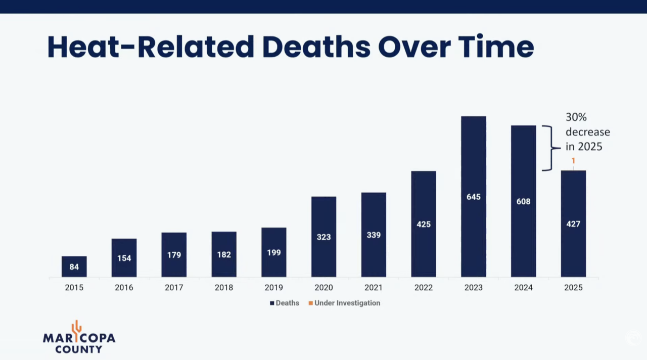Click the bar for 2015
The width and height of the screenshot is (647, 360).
pos(74,266)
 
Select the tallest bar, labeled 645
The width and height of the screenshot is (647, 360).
pos(474,197)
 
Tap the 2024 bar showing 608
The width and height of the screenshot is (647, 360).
pos(523,201)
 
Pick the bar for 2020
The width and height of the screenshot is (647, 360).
pos(324,237)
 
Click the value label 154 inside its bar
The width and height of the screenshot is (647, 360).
pos(124,258)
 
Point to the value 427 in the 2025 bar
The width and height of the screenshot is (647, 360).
pos(573,224)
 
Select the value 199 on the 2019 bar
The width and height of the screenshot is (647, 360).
pos(274,252)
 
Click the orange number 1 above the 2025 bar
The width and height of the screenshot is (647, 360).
pos(573,161)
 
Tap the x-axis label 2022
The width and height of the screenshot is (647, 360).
pos(424,288)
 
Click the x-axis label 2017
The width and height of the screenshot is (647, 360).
pos(174,288)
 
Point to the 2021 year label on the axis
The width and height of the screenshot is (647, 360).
pos(374,288)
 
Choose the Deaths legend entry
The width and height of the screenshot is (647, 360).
pos(285,303)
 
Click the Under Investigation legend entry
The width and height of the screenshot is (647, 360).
pos(344,303)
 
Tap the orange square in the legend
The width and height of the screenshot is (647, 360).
pos(311,303)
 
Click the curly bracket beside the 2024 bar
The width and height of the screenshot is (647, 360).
pos(551,148)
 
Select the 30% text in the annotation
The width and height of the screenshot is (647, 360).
pos(576,117)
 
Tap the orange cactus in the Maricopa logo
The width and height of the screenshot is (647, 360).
pos(76,331)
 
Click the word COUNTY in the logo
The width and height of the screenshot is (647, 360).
pos(78,349)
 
